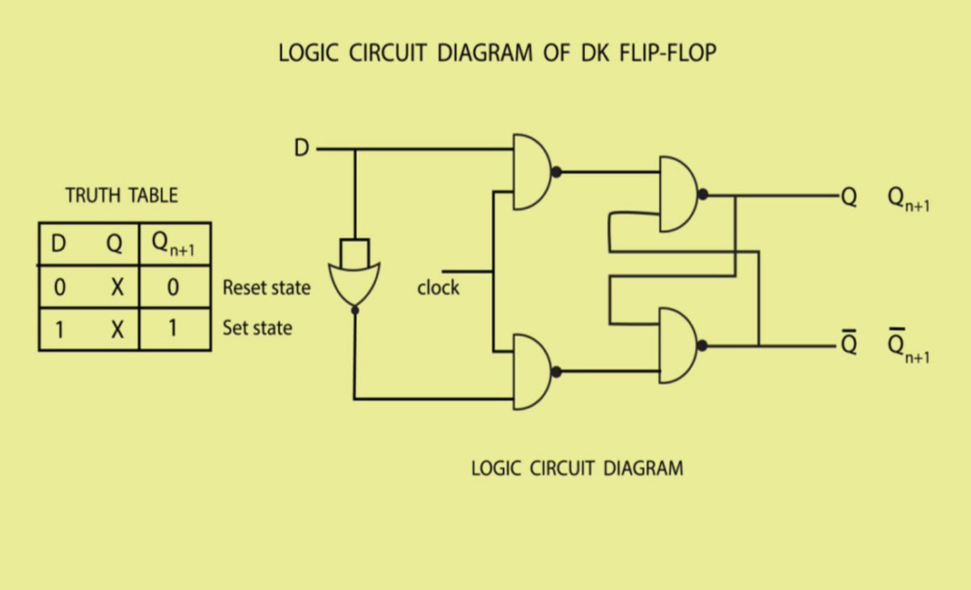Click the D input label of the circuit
(300, 149)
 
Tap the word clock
(438, 287)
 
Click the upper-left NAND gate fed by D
(530, 172)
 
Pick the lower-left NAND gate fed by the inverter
(530, 372)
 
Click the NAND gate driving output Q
(679, 194)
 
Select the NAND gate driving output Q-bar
(679, 346)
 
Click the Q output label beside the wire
(848, 196)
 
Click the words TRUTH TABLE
(121, 195)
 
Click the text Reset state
(266, 287)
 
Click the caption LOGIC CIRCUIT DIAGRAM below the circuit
(577, 468)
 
